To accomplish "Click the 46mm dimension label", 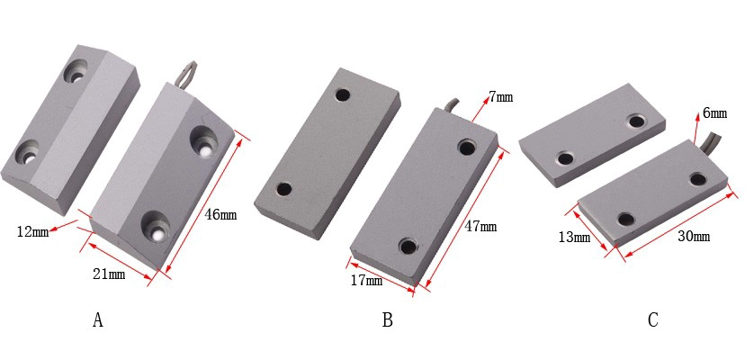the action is point(220,215).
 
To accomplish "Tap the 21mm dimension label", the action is point(110,274).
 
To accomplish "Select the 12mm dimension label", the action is point(32,232).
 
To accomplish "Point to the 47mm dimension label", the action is point(480,227).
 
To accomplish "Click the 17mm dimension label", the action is point(366,281).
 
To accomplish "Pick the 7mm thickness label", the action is point(501,97).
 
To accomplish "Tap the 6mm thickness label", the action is point(714,113).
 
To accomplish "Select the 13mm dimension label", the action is point(574,237).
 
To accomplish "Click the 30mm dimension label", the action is point(694,236).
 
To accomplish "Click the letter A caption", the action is point(98,320).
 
